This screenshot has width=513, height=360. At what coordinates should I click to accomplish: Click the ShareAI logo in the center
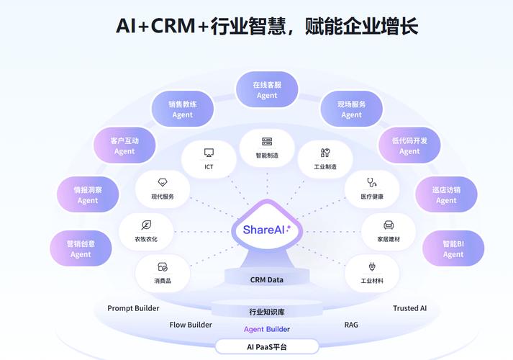(x=267, y=230)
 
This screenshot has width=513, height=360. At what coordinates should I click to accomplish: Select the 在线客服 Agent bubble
(x=267, y=90)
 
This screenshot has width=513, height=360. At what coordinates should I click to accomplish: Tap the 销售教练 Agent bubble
(x=183, y=109)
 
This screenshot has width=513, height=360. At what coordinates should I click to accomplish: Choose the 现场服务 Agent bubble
(x=351, y=109)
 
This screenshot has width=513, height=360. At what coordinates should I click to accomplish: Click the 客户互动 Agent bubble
(x=124, y=146)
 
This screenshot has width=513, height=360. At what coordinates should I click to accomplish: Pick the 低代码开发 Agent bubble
(x=409, y=146)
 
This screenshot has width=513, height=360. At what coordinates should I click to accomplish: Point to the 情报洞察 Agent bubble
(x=88, y=195)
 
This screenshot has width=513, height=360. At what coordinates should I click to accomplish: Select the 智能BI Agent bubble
(x=453, y=249)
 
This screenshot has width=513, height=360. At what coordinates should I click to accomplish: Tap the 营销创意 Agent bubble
(x=81, y=249)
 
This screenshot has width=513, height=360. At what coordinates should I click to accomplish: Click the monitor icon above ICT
(x=209, y=153)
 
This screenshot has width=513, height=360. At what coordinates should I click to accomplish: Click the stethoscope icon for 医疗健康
(x=372, y=182)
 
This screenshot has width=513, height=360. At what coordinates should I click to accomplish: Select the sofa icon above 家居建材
(x=389, y=225)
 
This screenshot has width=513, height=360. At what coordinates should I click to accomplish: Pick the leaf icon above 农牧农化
(x=146, y=225)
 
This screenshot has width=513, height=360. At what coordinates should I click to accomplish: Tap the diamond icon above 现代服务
(x=163, y=182)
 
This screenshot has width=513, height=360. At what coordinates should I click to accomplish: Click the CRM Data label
(x=267, y=279)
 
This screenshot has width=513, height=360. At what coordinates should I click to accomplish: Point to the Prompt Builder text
(x=133, y=308)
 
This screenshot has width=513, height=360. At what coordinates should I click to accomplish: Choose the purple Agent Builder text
(x=267, y=329)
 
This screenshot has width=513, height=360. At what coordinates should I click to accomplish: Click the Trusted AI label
(x=409, y=308)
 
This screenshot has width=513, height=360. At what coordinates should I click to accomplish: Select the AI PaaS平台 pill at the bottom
(x=267, y=347)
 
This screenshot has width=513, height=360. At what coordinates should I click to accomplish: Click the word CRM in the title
(x=173, y=26)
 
